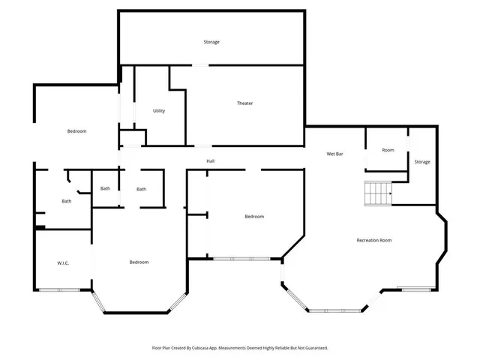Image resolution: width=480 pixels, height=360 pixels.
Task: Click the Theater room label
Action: pos(244,103)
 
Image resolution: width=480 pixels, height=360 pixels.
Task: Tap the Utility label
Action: pos(159,111)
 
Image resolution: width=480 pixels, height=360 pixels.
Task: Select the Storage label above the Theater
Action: pos(211,42)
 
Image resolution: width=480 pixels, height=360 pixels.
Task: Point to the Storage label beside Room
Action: pos(422,162)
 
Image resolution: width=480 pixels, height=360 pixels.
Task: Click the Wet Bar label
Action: pos(334,154)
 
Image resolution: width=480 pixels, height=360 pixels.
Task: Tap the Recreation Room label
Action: pos(373,240)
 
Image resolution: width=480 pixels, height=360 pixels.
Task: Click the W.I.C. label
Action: pos(63,262)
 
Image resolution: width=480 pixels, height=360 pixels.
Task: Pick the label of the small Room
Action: pos(388,150)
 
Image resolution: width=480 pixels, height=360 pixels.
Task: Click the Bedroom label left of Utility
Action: pos(76,131)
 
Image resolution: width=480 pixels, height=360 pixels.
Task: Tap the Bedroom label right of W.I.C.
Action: pos(139,262)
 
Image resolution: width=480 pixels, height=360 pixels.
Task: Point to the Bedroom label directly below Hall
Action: pos(254,217)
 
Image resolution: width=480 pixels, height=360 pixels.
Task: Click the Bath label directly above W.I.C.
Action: pos(67,201)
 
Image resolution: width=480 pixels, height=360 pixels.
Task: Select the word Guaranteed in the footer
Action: pos(313,348)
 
